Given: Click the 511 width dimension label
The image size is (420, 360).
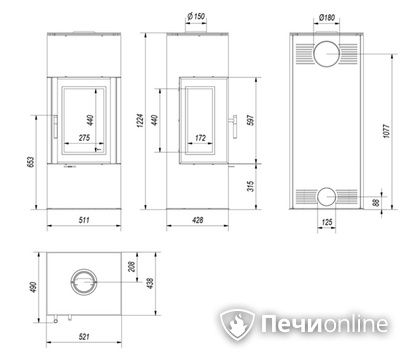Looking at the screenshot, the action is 84,220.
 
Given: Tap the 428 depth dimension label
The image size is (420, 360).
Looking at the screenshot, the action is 198,220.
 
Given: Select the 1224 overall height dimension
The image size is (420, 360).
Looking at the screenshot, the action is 141,120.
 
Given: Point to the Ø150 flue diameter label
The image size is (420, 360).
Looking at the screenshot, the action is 196,16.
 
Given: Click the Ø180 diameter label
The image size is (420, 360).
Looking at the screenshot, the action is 327,17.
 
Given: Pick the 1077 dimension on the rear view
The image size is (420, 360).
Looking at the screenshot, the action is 386,131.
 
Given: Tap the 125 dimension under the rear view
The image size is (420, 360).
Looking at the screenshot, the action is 327,222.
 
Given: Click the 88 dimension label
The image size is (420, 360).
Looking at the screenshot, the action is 376,203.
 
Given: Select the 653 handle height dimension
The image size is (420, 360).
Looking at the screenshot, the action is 31,162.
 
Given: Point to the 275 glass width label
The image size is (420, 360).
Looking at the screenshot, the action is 84,137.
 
